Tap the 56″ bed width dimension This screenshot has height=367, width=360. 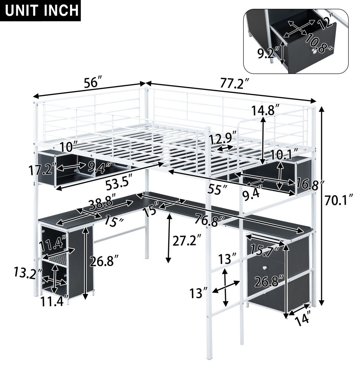pos(93,82)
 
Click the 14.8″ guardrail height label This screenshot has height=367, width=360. pos(266,110)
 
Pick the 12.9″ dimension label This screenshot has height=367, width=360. pos(223,140)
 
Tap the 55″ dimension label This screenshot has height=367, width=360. pos(217,189)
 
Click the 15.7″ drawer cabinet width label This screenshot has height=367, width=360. pos(265,251)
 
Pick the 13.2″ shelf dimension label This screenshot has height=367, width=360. pos(28,273)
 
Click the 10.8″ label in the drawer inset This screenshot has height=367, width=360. pos(319,43)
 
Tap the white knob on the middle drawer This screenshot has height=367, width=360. pos(264,268)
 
